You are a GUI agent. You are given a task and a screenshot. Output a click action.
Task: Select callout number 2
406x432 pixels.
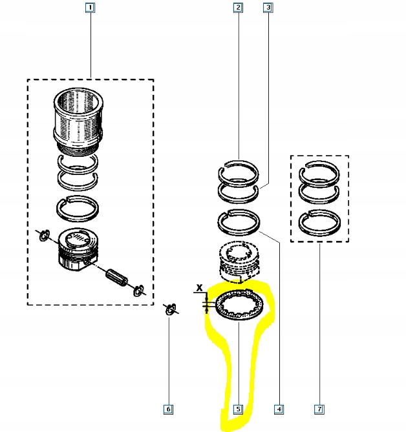[238, 8]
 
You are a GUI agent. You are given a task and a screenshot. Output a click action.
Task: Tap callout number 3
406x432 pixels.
[268, 8]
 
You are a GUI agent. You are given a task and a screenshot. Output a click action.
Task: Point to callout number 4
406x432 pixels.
[279, 409]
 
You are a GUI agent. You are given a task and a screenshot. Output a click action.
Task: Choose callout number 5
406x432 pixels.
[238, 409]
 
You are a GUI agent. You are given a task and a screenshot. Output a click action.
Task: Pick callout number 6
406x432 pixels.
[168, 409]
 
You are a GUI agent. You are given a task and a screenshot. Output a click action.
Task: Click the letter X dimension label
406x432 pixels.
[200, 286]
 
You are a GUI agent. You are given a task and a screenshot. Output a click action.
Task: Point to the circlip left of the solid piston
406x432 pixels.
[43, 236]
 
